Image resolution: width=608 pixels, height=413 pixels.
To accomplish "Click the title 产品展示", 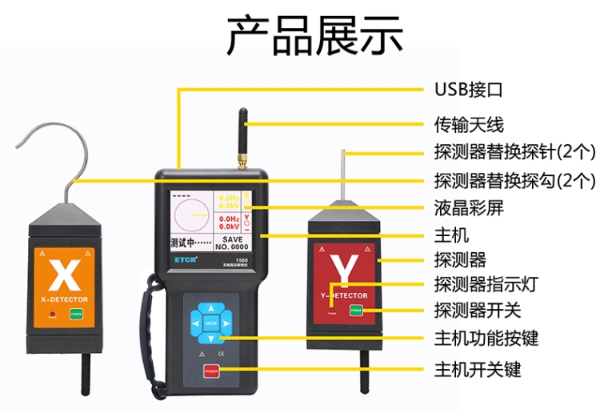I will (x=314, y=36).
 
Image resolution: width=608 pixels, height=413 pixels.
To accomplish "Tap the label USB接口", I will (x=468, y=88).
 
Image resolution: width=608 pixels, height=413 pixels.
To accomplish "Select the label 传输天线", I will (x=469, y=124).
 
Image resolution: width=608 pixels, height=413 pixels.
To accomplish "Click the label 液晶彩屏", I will (x=469, y=208).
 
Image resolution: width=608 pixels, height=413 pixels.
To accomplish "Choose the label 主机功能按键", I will (x=486, y=339).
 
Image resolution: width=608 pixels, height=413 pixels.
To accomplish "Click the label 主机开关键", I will (x=477, y=370).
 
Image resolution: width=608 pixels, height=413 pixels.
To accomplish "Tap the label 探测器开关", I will (x=477, y=311).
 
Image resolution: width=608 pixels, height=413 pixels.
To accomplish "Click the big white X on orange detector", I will (x=60, y=275).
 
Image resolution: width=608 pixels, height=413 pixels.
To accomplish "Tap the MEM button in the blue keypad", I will (x=210, y=323).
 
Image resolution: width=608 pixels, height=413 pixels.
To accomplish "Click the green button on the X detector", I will (x=77, y=314).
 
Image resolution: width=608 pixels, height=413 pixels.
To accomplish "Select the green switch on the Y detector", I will (x=356, y=310).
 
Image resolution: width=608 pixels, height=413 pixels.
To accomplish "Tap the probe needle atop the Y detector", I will (x=342, y=172).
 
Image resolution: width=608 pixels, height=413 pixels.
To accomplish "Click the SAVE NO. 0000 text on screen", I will (x=232, y=243).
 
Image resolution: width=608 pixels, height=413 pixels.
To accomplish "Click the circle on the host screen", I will (x=190, y=217).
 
